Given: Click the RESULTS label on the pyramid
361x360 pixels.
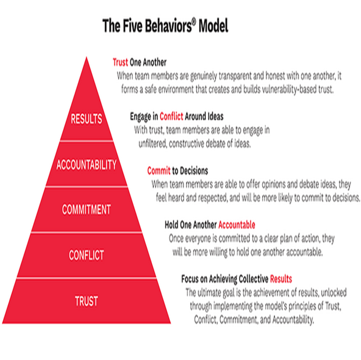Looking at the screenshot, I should tap(86, 119).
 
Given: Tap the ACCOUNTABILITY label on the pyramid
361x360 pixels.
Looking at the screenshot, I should tap(86, 165).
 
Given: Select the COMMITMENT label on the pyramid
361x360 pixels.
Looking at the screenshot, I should tap(86, 209).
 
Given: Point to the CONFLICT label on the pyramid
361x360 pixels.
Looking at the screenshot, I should tap(86, 255).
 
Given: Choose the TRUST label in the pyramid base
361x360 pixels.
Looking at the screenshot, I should tap(86, 301).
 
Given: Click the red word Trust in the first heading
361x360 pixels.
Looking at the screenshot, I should tap(120, 62).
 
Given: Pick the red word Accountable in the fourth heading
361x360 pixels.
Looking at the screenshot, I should tap(237, 225).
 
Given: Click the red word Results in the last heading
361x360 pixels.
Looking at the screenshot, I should tap(281, 279).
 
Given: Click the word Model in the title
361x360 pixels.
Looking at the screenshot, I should tap(213, 26).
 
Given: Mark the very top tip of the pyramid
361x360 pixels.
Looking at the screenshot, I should tap(86, 58).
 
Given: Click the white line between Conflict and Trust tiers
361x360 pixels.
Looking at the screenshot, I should tap(86, 278).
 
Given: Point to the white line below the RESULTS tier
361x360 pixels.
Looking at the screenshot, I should tap(86, 141).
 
